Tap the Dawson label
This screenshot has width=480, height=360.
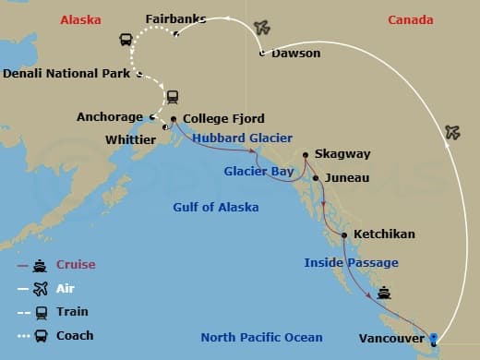tap(295, 54)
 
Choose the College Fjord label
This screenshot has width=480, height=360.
tap(224, 118)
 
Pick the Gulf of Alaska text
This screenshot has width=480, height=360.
tap(215, 207)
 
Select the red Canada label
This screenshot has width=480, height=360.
tap(410, 19)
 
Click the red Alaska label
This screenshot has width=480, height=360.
tap(79, 19)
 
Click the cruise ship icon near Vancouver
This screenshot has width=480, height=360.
tap(384, 294)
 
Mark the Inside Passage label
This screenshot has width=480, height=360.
tap(351, 263)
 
